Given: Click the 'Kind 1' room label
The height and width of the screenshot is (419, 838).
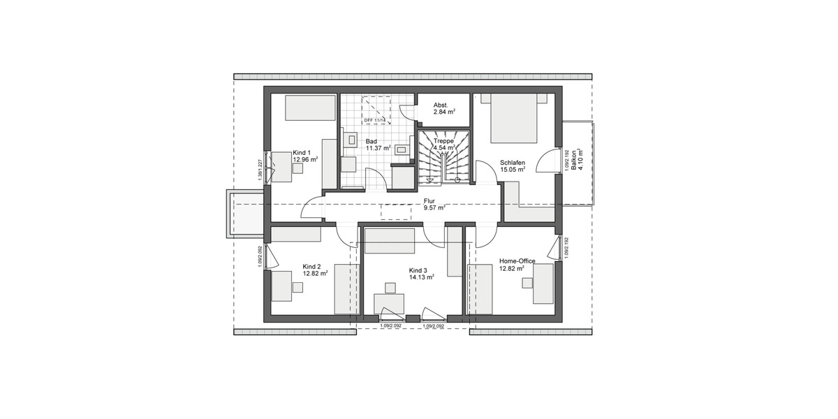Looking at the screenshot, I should tap(302, 152).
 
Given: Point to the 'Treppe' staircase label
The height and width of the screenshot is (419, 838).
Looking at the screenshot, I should tap(444, 140).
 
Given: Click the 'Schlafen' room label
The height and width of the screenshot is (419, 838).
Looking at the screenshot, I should tap(512, 163).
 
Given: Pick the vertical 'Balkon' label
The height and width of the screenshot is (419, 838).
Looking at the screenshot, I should tap(573, 161).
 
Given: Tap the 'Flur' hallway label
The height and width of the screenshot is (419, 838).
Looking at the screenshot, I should tap(429, 200).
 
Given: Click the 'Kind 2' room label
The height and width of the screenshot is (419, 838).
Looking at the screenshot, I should tap(311, 266).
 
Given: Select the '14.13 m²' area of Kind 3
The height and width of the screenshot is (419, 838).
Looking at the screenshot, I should tap(421, 277).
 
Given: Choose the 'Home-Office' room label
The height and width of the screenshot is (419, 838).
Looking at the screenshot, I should tap(517, 260).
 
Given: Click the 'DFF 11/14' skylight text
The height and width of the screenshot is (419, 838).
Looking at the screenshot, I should tap(375, 120).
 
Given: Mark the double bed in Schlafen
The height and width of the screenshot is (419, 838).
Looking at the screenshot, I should tap(514, 119).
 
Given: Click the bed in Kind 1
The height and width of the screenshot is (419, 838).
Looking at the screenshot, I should tap(302, 109).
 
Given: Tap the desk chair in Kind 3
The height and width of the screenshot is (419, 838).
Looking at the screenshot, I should tap(388, 287).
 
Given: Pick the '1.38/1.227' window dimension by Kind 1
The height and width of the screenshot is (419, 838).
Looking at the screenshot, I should tap(260, 168).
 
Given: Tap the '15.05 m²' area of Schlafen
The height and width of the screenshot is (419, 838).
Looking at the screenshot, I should tap(513, 170).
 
